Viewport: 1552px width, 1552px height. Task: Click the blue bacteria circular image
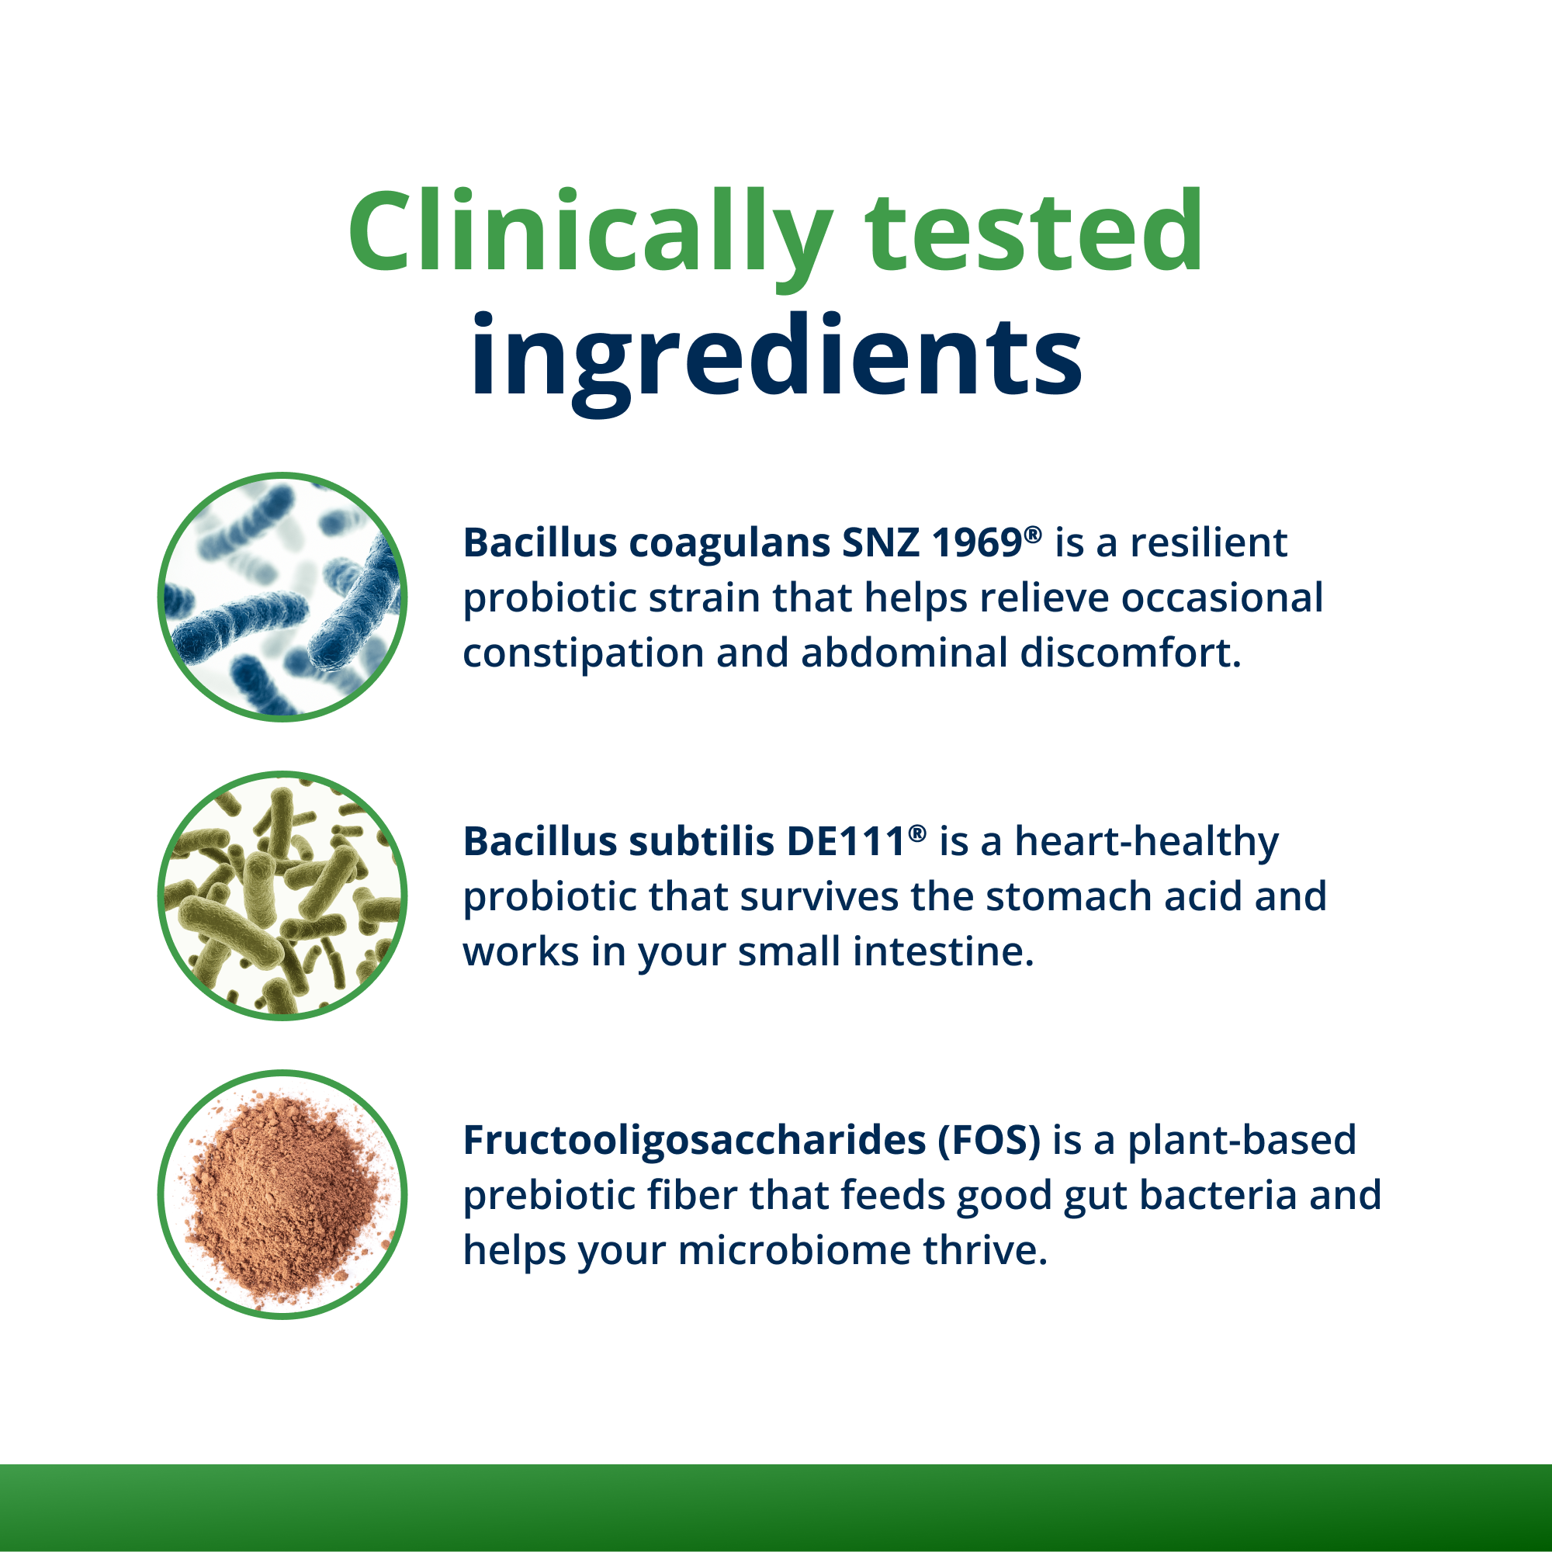click(282, 597)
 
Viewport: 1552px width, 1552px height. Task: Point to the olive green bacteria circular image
click(282, 896)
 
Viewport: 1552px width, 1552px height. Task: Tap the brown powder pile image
click(282, 1194)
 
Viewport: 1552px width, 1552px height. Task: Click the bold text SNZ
click(880, 543)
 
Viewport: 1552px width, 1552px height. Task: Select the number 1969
click(977, 543)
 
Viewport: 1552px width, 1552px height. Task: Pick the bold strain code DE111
click(847, 842)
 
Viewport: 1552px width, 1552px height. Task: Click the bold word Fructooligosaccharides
click(695, 1141)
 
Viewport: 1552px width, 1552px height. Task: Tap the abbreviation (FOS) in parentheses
click(989, 1141)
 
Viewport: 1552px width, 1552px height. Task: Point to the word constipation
click(584, 653)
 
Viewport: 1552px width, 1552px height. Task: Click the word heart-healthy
click(1147, 844)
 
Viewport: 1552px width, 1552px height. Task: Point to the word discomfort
click(1131, 653)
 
